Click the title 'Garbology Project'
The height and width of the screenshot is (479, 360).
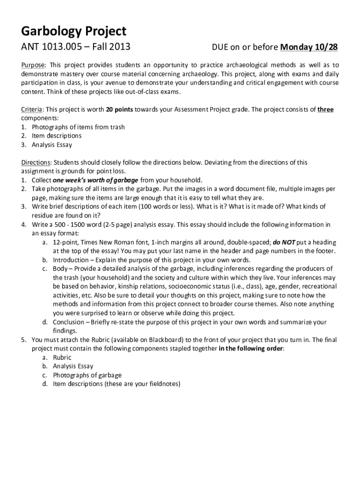(x=73, y=31)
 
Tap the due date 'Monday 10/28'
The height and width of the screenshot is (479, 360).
(x=309, y=47)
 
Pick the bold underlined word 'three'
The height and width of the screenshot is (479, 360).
(x=325, y=109)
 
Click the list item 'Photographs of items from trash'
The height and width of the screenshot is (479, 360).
(x=78, y=127)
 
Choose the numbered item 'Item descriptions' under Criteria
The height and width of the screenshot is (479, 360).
(x=57, y=136)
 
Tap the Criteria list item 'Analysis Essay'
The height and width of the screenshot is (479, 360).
(x=52, y=145)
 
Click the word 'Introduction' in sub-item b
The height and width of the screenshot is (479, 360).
(x=71, y=260)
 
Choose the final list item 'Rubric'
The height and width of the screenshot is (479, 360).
(x=62, y=357)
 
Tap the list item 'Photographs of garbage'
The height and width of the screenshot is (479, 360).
(x=87, y=375)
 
